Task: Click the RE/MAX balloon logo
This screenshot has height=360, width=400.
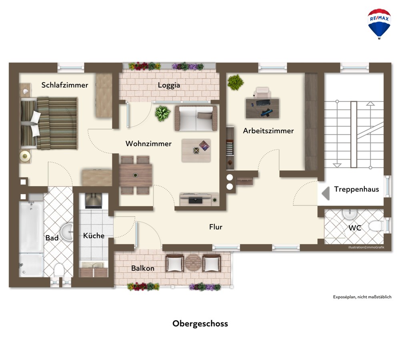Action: coord(379,24)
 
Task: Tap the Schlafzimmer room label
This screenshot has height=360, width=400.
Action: coord(65,85)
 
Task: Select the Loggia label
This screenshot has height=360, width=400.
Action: coord(169,85)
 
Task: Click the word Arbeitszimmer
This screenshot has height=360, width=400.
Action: coord(268,131)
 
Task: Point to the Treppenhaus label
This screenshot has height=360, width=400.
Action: coord(356,189)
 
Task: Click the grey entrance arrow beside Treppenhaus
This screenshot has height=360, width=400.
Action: coord(326,193)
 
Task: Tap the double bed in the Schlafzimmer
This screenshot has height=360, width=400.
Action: coord(49,123)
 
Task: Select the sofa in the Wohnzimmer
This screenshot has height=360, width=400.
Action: coord(196,118)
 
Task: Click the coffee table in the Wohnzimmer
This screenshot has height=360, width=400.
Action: coord(196,151)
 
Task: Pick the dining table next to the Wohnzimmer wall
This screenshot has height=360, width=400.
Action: coord(136,175)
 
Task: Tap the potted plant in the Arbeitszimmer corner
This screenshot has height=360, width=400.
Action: coord(236,82)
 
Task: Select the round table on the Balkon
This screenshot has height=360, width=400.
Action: coord(193,263)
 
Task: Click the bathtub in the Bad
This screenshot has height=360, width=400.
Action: coord(31,227)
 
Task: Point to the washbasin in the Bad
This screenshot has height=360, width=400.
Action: coord(67,232)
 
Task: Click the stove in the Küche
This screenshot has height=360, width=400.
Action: coord(93,201)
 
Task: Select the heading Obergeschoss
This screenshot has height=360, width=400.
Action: coord(200,324)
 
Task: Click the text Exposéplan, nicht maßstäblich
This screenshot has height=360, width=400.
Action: coord(362,297)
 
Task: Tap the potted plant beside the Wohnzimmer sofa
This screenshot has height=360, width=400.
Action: coord(162,113)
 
